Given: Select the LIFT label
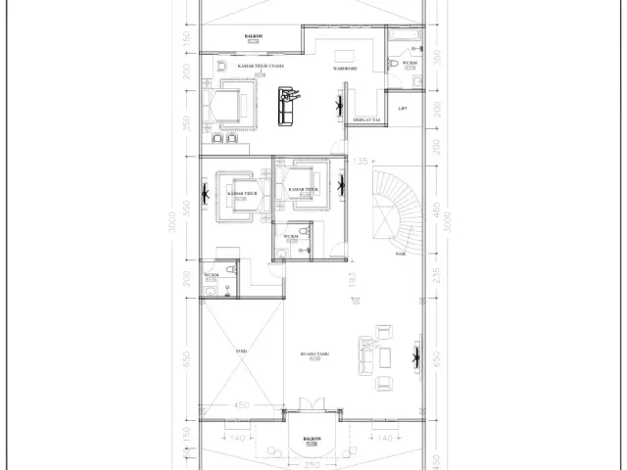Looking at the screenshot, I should coord(403,108).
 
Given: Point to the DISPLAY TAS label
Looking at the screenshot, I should coord(367,119).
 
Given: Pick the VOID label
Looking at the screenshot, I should coord(241,350).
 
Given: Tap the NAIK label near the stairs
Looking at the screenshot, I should coord(401,253).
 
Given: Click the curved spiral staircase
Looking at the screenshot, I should coord(398,211).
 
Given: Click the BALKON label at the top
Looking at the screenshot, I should coord(252,36).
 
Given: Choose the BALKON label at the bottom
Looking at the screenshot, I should coord(312,439).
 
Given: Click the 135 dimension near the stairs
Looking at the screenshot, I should coord(361,161).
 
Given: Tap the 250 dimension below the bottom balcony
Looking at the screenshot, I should coord(312,464).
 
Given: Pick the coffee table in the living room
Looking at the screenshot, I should coord(379,358).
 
